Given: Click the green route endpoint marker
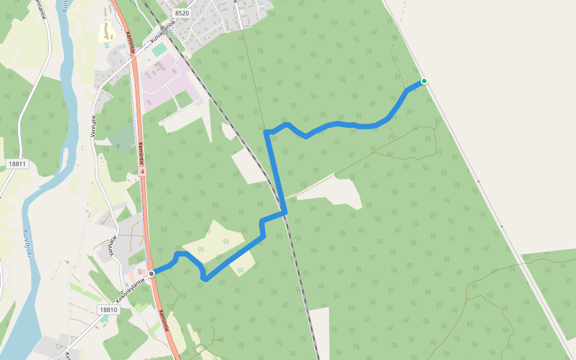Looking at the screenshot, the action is pyautogui.click(x=424, y=81).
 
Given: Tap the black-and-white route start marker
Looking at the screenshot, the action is pyautogui.click(x=152, y=274).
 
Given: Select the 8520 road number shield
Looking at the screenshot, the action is pyautogui.click(x=181, y=13).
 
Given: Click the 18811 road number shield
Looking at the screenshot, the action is pyautogui.click(x=19, y=164).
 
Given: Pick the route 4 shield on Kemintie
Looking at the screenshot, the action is pyautogui.click(x=142, y=172).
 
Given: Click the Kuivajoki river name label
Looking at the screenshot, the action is pyautogui.click(x=26, y=243).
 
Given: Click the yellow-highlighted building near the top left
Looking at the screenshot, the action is pyautogui.click(x=107, y=32).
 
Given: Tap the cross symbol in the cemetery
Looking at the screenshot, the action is pyautogui.click(x=118, y=146).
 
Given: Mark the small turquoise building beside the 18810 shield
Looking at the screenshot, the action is pyautogui.click(x=104, y=319).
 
